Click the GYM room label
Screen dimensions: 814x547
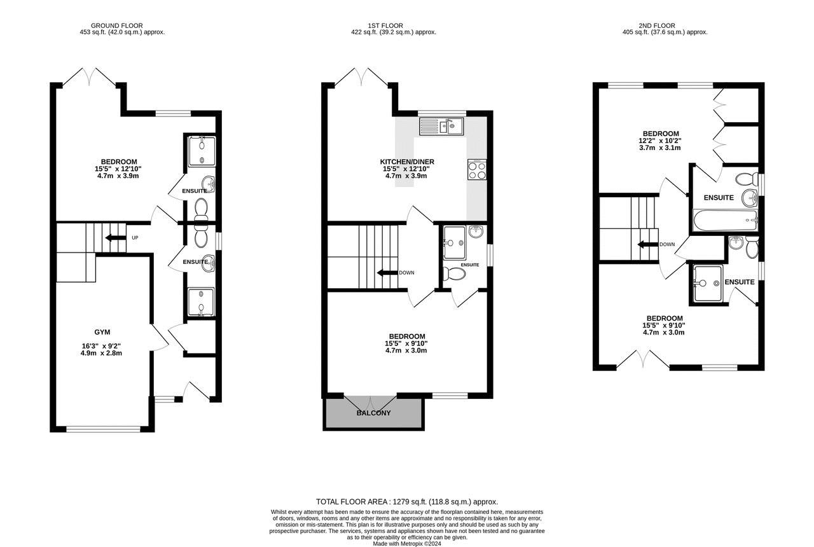coord(102,332)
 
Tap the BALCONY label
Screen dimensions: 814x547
coord(373,413)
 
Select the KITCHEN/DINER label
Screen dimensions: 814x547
coord(407,162)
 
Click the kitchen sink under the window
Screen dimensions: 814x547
coord(441,126)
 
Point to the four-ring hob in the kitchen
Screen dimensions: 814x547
coord(477,170)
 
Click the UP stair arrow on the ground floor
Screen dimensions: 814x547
coord(113,238)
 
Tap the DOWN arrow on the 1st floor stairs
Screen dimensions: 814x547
coord(387,273)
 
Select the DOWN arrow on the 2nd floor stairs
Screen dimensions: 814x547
coord(648,244)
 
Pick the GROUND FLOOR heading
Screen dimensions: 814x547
coord(116,26)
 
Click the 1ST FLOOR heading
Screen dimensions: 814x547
coord(385,26)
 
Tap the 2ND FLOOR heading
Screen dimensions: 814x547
coord(657,26)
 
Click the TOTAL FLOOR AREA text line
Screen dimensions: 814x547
coord(407,502)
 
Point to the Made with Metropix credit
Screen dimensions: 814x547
coord(407,544)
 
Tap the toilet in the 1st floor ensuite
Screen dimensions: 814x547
coord(454,273)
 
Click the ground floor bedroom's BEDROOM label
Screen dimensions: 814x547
coord(119,162)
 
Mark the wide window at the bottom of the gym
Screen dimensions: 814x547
coord(103,429)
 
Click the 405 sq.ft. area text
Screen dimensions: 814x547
coord(665,32)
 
